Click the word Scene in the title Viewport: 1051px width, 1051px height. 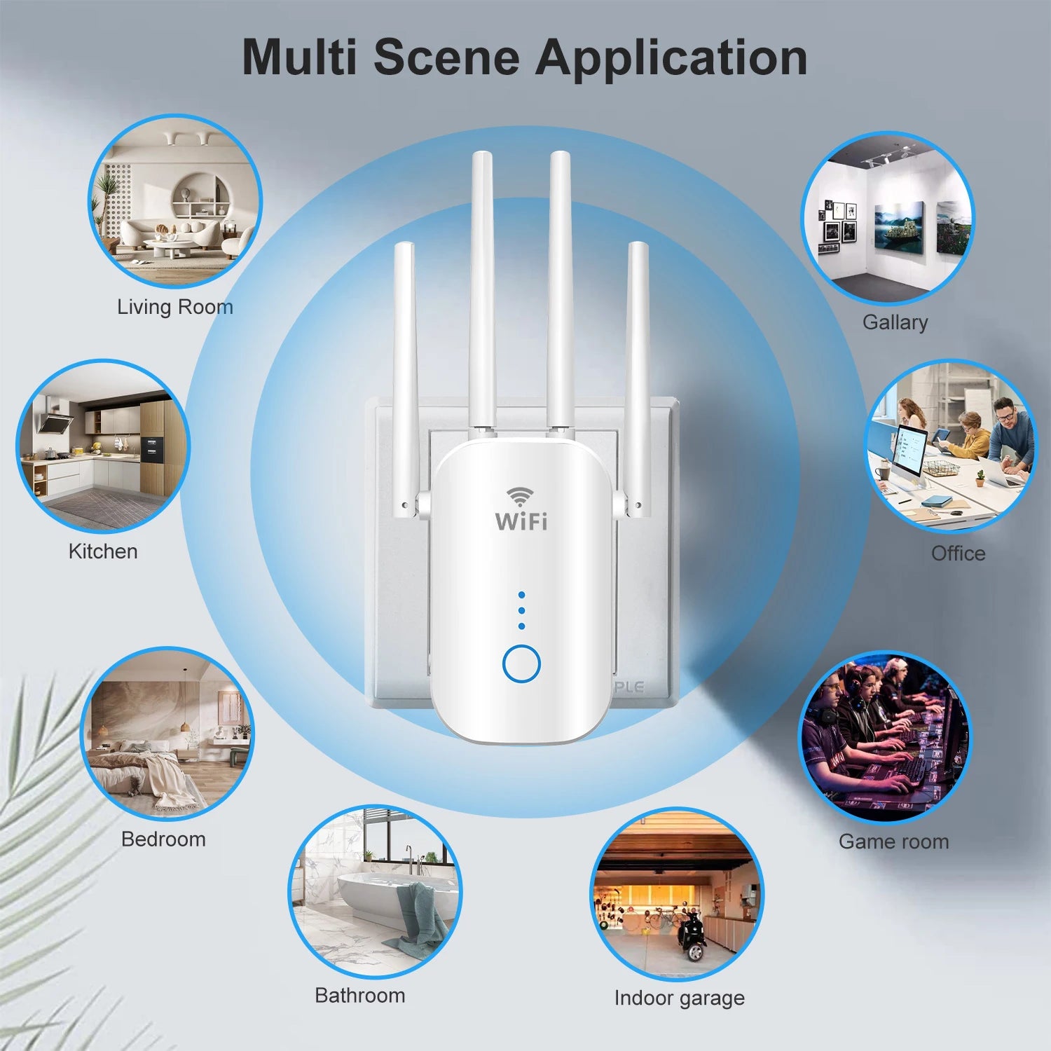click(x=447, y=57)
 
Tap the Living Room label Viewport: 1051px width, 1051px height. click(x=174, y=307)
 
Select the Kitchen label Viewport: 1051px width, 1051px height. click(x=103, y=551)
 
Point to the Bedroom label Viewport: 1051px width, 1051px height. click(x=163, y=839)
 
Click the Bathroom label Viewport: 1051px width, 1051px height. click(x=359, y=995)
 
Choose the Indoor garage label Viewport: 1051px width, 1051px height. click(x=679, y=997)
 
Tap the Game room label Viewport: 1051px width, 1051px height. click(x=893, y=841)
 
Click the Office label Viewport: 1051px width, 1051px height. click(x=958, y=554)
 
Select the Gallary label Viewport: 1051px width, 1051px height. click(x=895, y=322)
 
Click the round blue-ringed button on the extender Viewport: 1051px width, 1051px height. click(x=521, y=664)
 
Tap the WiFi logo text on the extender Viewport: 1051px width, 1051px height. click(x=521, y=521)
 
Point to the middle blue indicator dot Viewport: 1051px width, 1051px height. click(x=521, y=610)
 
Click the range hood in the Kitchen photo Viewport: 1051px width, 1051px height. click(x=55, y=423)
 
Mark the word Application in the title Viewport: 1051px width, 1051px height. click(x=671, y=57)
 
